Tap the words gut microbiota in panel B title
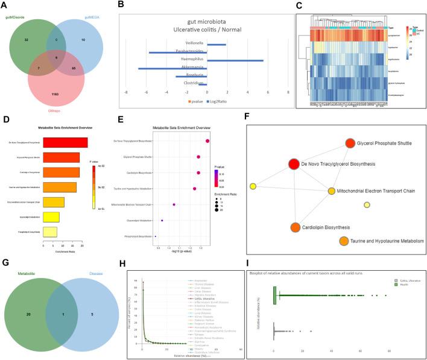tap(207, 21)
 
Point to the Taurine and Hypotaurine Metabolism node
tap(344, 242)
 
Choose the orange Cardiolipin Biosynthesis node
tap(295, 228)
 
